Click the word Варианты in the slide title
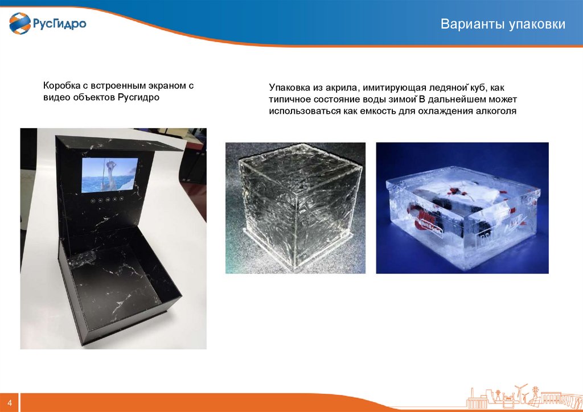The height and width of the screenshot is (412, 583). (469, 24)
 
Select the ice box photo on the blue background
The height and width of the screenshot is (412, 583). (462, 208)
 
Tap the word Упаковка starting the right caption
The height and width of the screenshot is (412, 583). (289, 88)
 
